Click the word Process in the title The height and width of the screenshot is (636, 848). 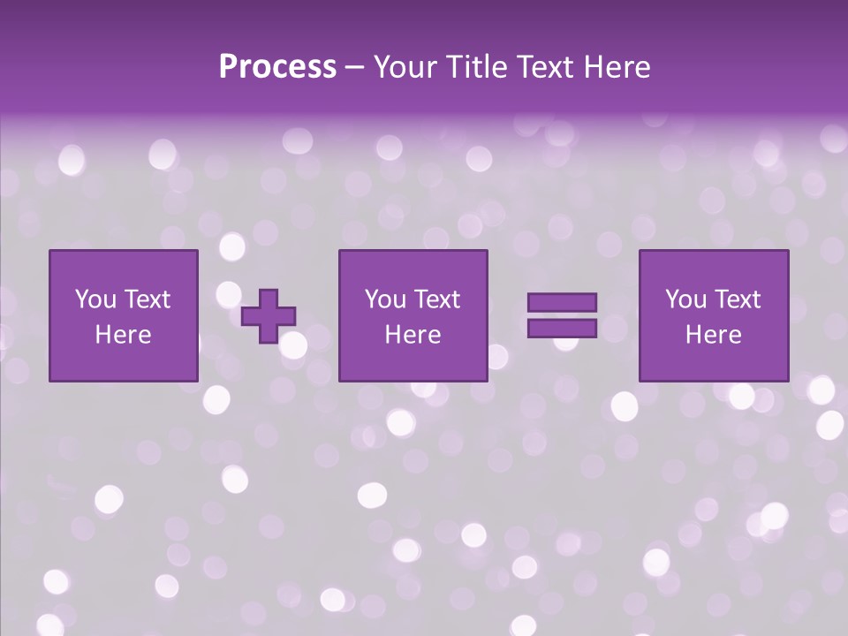click(x=277, y=67)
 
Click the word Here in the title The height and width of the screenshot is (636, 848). click(x=617, y=67)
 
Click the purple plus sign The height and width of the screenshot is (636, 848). click(x=269, y=315)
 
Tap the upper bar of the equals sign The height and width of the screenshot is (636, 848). click(x=562, y=302)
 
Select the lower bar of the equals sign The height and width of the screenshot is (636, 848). click(x=562, y=328)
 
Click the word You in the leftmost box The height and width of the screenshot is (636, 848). click(x=95, y=299)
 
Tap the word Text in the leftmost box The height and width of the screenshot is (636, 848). click(x=147, y=299)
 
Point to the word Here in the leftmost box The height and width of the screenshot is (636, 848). click(x=124, y=335)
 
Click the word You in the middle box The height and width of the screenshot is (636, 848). click(x=385, y=299)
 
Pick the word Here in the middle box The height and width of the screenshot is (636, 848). click(x=413, y=335)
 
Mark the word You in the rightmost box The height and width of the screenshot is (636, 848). click(x=685, y=299)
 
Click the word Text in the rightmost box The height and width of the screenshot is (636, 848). click(x=738, y=299)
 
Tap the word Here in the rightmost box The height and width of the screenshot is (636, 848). click(x=714, y=335)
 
